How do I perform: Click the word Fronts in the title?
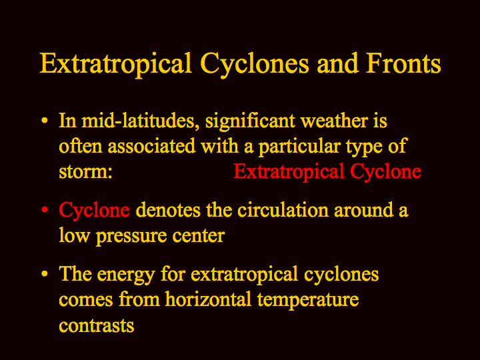click(x=403, y=63)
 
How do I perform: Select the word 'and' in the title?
click(x=337, y=63)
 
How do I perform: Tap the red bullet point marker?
click(x=45, y=210)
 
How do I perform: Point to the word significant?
click(x=250, y=121)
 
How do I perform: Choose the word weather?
click(x=334, y=121)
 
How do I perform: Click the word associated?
click(x=151, y=146)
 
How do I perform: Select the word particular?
click(x=299, y=147)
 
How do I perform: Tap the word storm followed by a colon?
click(x=85, y=172)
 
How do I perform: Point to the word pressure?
click(x=131, y=237)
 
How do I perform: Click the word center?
click(x=199, y=236)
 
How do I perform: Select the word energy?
click(x=125, y=274)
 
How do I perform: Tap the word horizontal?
click(x=208, y=299)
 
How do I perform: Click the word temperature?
click(x=308, y=300)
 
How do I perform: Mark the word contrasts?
click(x=97, y=325)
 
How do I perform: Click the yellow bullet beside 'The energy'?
click(x=45, y=274)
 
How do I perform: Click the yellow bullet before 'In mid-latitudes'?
click(x=45, y=120)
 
